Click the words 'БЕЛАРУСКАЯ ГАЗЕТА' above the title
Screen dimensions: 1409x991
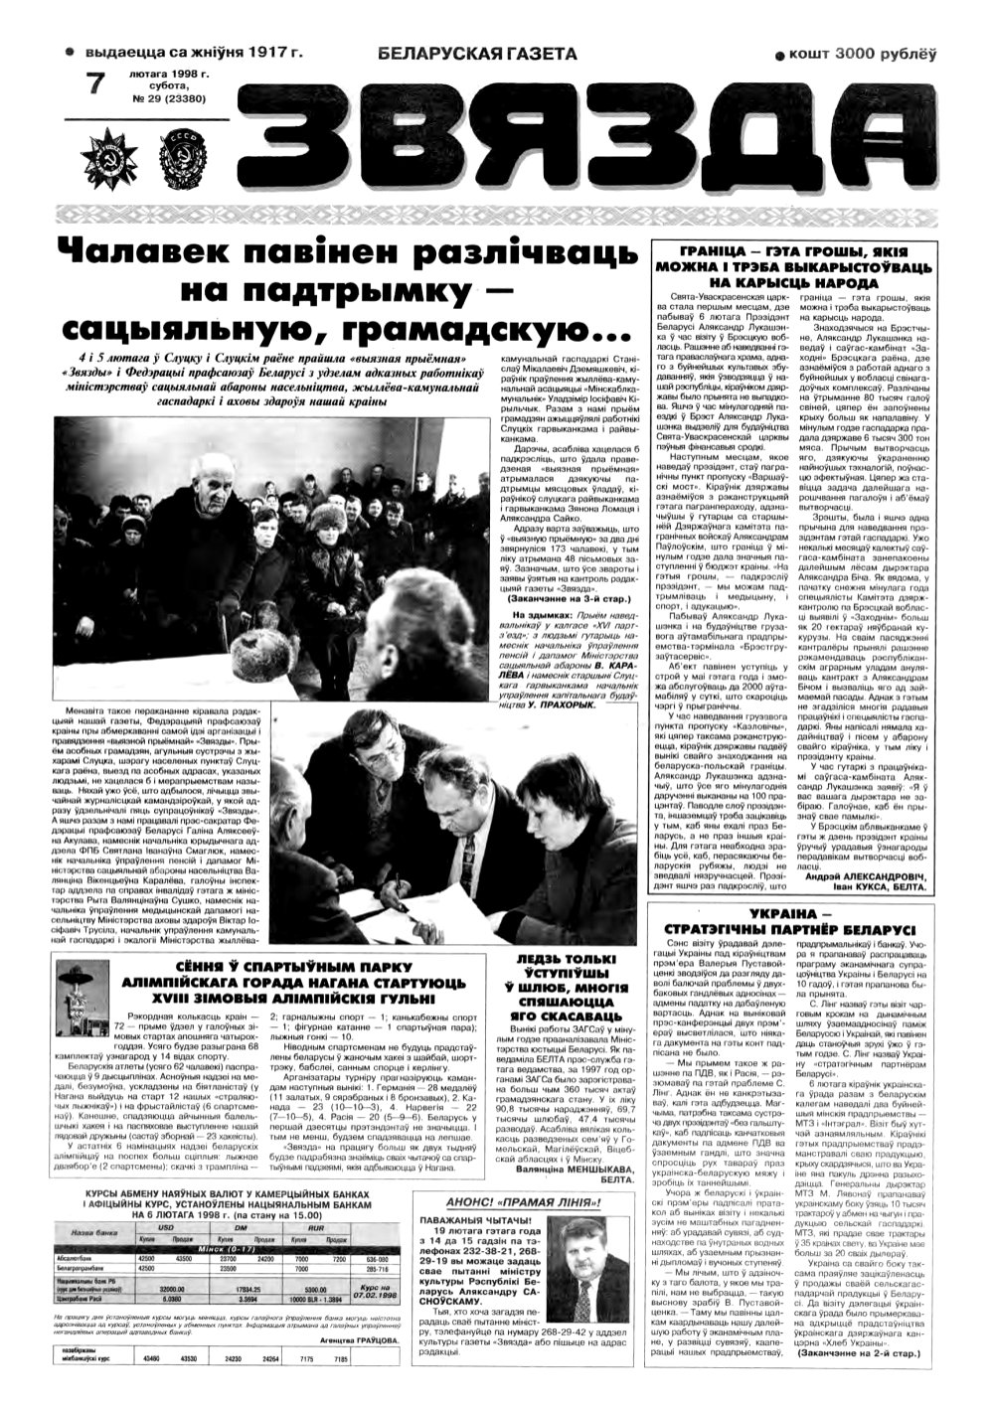477,54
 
